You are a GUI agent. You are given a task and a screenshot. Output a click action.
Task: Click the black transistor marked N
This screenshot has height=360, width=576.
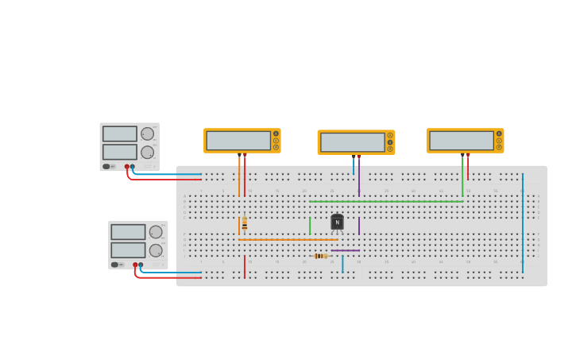click(337, 223)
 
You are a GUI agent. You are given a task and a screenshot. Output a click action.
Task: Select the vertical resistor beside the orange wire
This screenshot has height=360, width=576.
click(245, 225)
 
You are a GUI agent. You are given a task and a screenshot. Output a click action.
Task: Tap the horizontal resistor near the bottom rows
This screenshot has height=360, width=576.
click(320, 256)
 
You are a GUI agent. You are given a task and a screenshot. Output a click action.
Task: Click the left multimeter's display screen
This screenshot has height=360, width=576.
click(238, 141)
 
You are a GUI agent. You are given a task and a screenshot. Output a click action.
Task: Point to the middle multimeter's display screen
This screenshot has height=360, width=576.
click(352, 142)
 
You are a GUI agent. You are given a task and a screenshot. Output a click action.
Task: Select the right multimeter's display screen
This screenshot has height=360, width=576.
click(461, 141)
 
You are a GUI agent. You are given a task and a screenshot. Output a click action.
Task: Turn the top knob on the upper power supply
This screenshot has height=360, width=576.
click(147, 134)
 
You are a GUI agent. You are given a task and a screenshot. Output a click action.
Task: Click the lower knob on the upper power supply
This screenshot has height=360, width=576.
click(147, 152)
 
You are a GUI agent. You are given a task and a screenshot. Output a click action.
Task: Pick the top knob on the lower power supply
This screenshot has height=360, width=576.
click(156, 232)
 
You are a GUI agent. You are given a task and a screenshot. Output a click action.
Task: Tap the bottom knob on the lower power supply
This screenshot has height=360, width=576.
click(156, 250)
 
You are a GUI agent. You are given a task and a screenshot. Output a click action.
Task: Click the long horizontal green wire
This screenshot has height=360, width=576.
click(386, 201)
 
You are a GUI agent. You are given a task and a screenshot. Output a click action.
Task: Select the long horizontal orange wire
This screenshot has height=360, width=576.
click(288, 239)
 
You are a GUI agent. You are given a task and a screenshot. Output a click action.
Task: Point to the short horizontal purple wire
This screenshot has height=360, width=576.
click(345, 250)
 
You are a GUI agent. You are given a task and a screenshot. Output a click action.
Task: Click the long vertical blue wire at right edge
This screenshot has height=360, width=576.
click(523, 223)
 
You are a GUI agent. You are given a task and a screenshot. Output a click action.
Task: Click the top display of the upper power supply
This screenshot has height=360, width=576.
click(119, 134)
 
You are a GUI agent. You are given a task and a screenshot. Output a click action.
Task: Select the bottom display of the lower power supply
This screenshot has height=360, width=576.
click(128, 250)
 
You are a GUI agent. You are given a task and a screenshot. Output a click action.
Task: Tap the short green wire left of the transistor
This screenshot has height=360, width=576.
click(310, 226)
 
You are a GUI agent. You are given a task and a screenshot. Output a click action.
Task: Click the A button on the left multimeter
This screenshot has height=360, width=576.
click(276, 134)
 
